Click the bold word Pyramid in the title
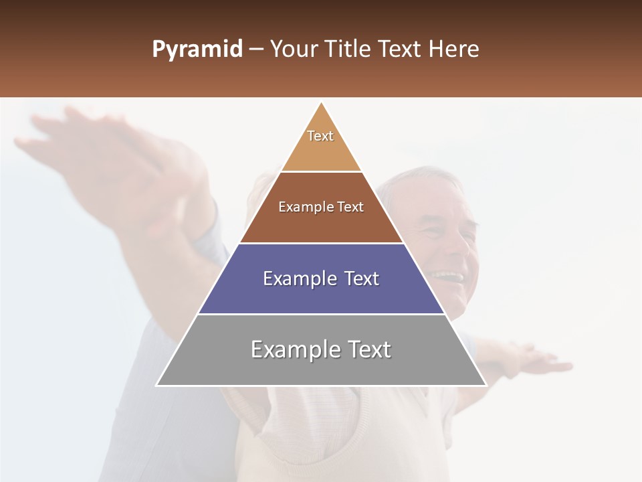197,50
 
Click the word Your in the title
292,50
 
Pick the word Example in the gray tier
295,349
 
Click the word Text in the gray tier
368,349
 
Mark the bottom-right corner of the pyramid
486,385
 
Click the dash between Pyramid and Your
256,50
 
